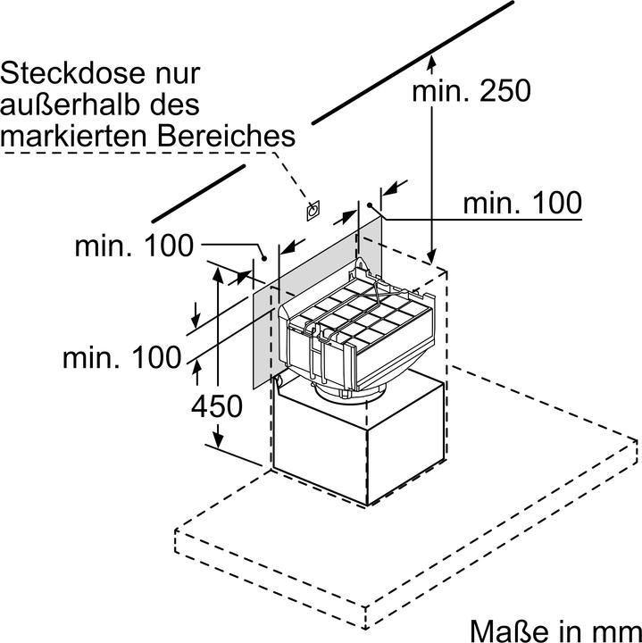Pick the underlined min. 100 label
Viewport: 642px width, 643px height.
pos(521,203)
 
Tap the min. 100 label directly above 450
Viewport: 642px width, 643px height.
pos(121,358)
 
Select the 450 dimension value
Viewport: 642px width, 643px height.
pos(216,406)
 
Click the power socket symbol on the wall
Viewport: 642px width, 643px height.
pos(313,211)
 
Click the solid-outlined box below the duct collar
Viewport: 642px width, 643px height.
pos(357,447)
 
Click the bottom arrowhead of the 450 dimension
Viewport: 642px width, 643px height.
pos(217,441)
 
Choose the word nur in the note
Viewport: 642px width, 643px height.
pos(178,73)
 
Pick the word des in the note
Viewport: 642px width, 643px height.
pos(176,104)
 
